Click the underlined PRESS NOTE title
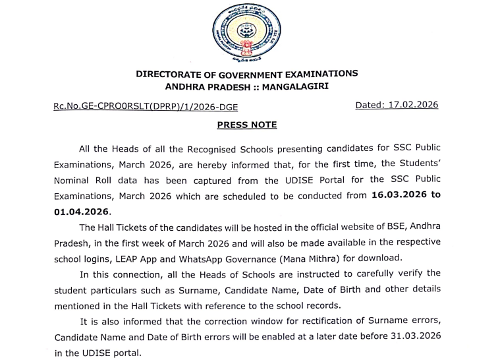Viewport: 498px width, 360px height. [247, 125]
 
